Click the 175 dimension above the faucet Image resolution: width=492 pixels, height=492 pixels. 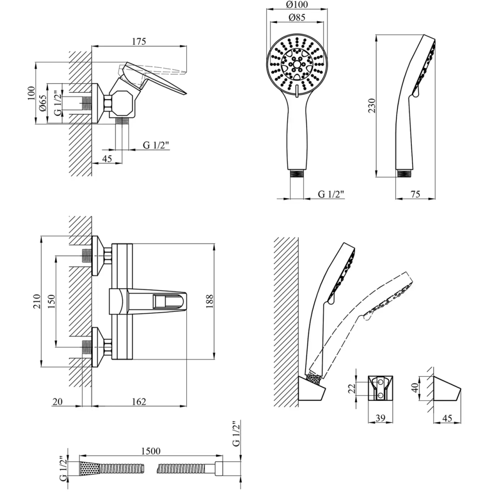(x=138, y=42)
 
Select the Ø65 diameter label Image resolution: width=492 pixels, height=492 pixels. (x=43, y=104)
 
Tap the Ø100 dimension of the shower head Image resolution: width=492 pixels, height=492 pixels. (x=296, y=5)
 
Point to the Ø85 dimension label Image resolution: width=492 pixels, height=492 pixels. (x=296, y=18)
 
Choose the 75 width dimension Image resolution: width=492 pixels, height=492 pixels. (x=416, y=194)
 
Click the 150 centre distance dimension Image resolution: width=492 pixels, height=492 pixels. (x=52, y=301)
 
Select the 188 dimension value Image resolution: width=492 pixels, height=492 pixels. (x=209, y=301)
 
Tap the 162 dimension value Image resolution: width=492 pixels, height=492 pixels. (x=138, y=402)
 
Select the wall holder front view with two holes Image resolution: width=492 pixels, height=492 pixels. (x=380, y=388)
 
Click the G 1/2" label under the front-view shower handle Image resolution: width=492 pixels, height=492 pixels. (x=332, y=194)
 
